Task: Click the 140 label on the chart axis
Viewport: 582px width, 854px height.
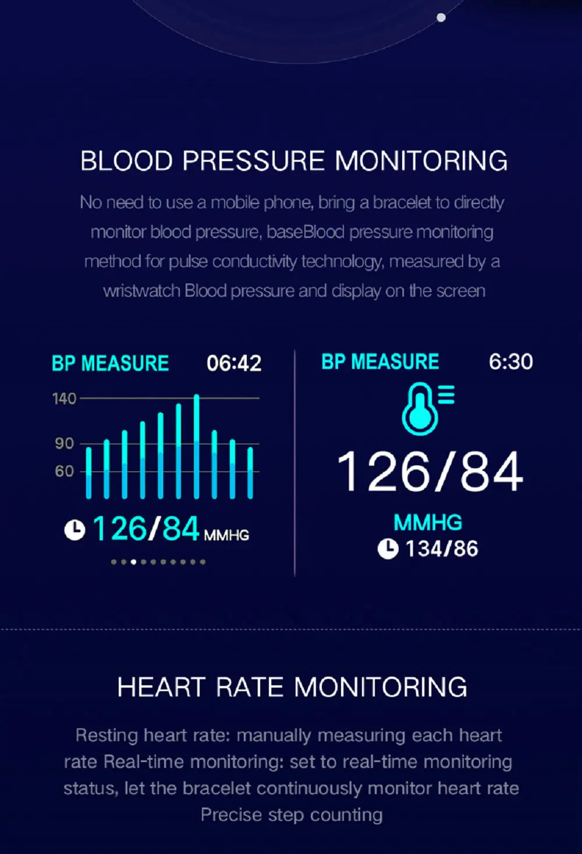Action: [64, 399]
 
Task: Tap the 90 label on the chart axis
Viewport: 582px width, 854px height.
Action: [64, 443]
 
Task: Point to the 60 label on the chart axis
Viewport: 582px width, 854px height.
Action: [64, 471]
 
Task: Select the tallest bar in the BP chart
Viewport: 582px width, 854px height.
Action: [196, 446]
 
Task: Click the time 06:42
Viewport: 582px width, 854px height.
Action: [234, 363]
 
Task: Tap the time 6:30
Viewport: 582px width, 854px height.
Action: [510, 361]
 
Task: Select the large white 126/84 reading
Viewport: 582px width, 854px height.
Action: [430, 472]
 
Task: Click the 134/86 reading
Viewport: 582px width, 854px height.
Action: [442, 549]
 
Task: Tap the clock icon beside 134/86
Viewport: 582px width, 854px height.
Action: [388, 549]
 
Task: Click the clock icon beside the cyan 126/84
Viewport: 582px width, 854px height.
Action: [74, 530]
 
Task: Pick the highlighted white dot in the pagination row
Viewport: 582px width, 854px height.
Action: [133, 562]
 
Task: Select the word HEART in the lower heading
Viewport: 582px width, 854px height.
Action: [162, 688]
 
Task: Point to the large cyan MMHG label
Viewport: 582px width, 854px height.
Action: [428, 522]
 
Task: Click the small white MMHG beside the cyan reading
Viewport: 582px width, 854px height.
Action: [226, 535]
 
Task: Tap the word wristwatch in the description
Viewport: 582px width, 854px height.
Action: [141, 291]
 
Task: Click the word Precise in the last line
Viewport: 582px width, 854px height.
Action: [230, 814]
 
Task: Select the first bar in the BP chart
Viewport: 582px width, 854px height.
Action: [89, 473]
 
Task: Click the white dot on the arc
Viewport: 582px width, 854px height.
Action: [441, 17]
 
